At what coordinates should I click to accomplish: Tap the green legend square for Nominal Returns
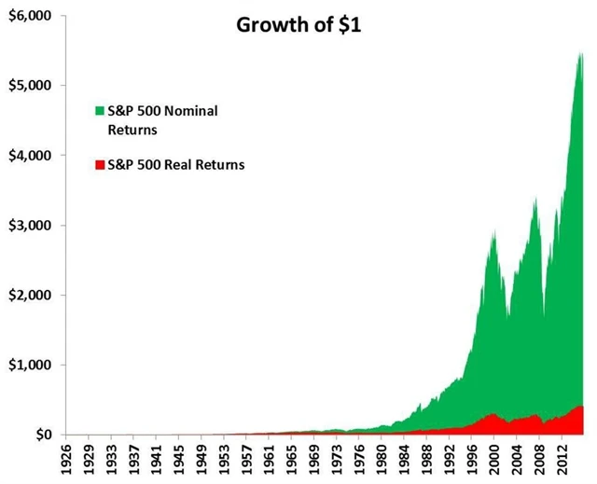pyautogui.click(x=100, y=112)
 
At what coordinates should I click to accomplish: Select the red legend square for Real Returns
pyautogui.click(x=100, y=165)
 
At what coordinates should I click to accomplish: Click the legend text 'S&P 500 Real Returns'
pyautogui.click(x=176, y=165)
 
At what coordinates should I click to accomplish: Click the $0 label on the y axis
pyautogui.click(x=37, y=435)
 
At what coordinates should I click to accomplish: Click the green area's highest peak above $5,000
pyautogui.click(x=581, y=54)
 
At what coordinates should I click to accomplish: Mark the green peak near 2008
pyautogui.click(x=535, y=200)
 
